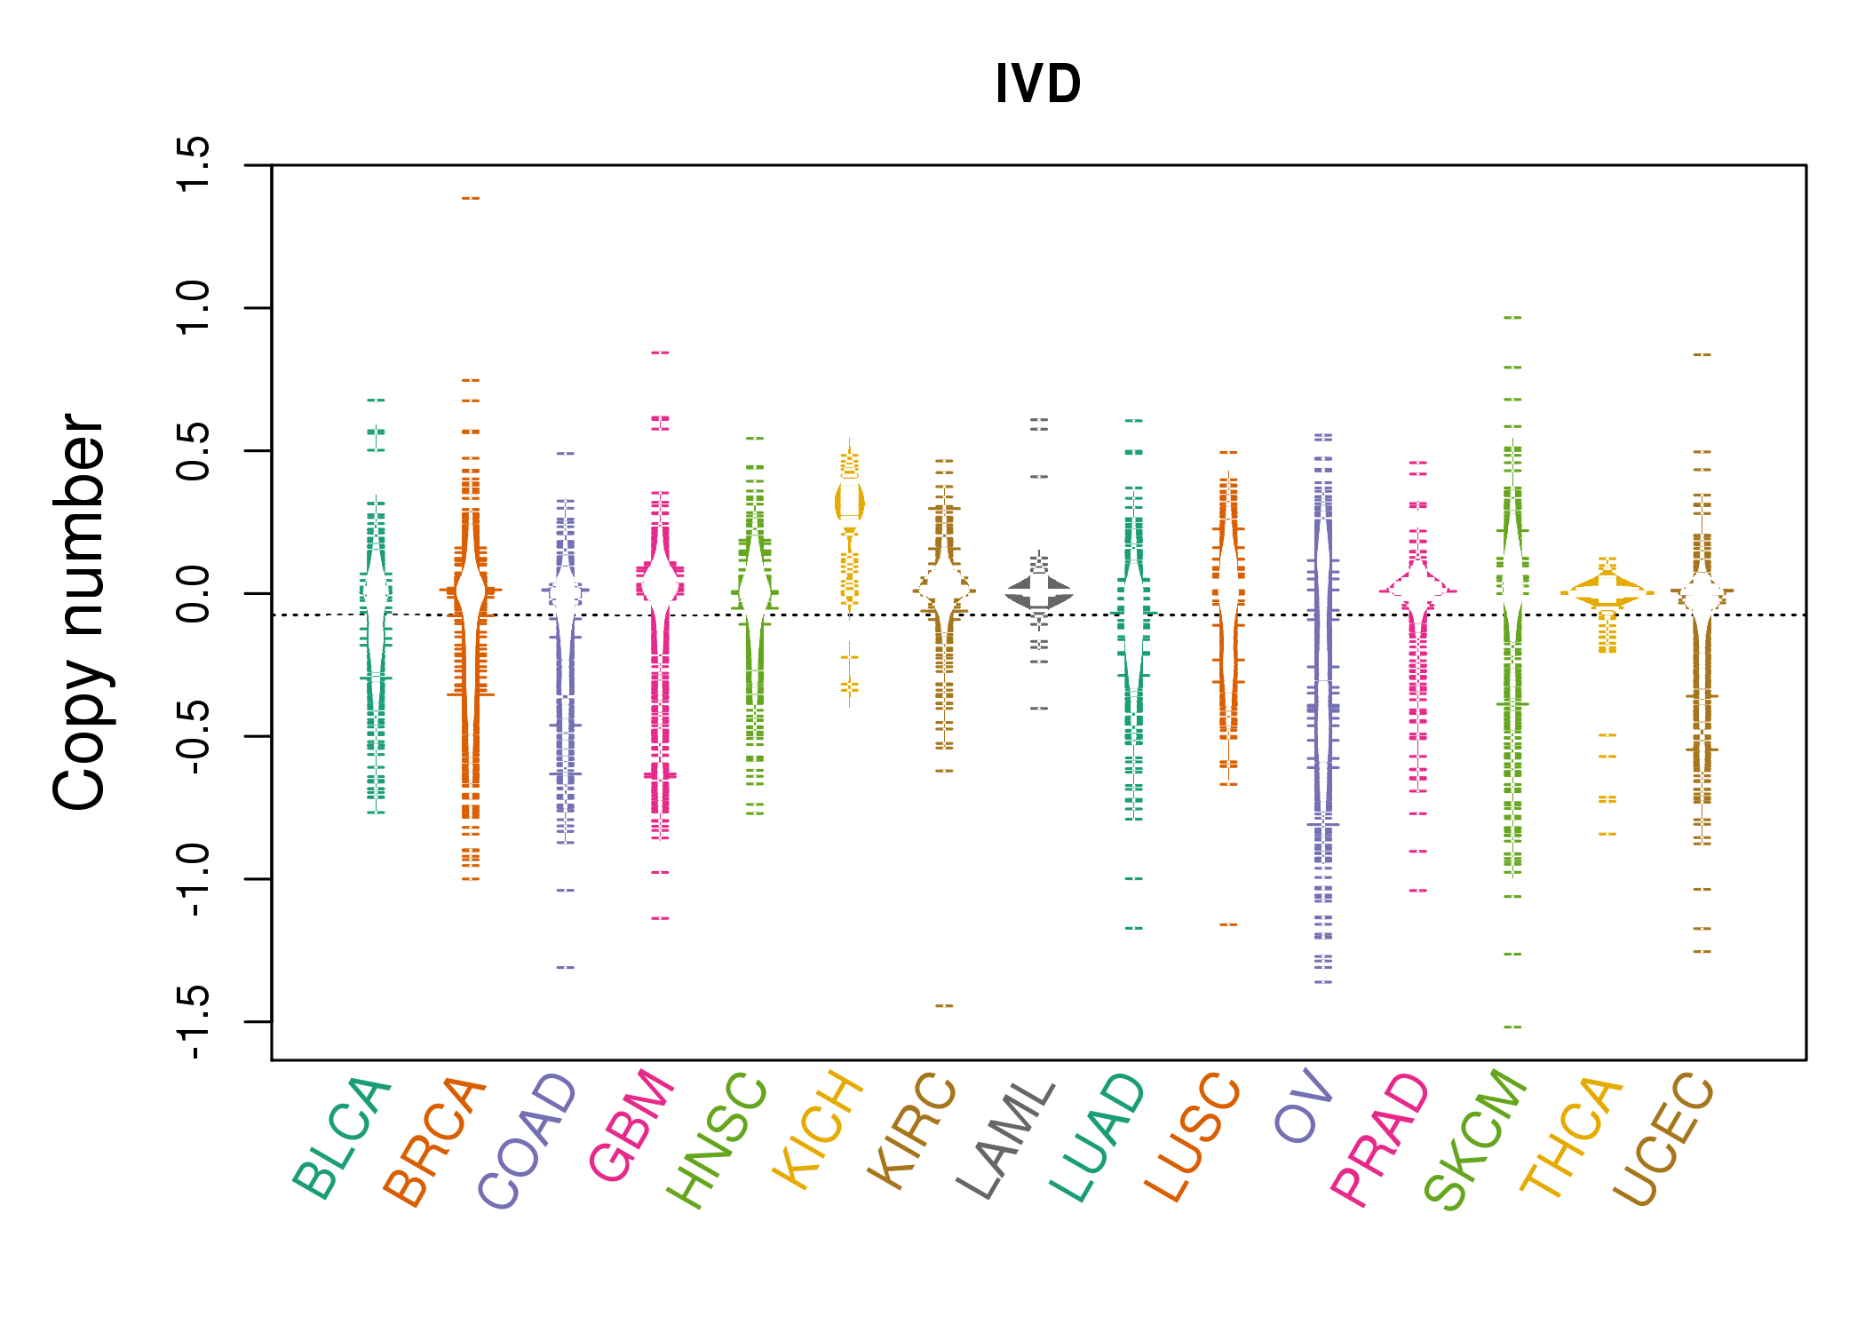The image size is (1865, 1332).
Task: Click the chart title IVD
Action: coord(1037,84)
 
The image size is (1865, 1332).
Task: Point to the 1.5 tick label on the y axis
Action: coord(193,164)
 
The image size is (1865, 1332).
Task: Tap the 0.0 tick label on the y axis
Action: coord(193,593)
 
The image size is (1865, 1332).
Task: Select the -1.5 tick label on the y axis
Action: coord(193,1021)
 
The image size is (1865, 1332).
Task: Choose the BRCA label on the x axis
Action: coord(434,1141)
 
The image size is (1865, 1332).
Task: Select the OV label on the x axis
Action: coord(1304,1106)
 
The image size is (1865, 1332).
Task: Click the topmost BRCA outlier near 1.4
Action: coord(471,198)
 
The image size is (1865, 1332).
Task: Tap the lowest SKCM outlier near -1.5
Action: coord(1512,1027)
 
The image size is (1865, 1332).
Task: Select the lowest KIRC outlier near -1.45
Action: coord(944,1005)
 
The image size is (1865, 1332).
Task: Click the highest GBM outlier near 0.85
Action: coord(660,353)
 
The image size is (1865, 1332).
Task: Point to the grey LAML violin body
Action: coord(1039,592)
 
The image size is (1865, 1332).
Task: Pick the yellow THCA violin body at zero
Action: coord(1607,591)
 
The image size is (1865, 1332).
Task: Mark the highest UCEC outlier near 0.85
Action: coord(1702,354)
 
